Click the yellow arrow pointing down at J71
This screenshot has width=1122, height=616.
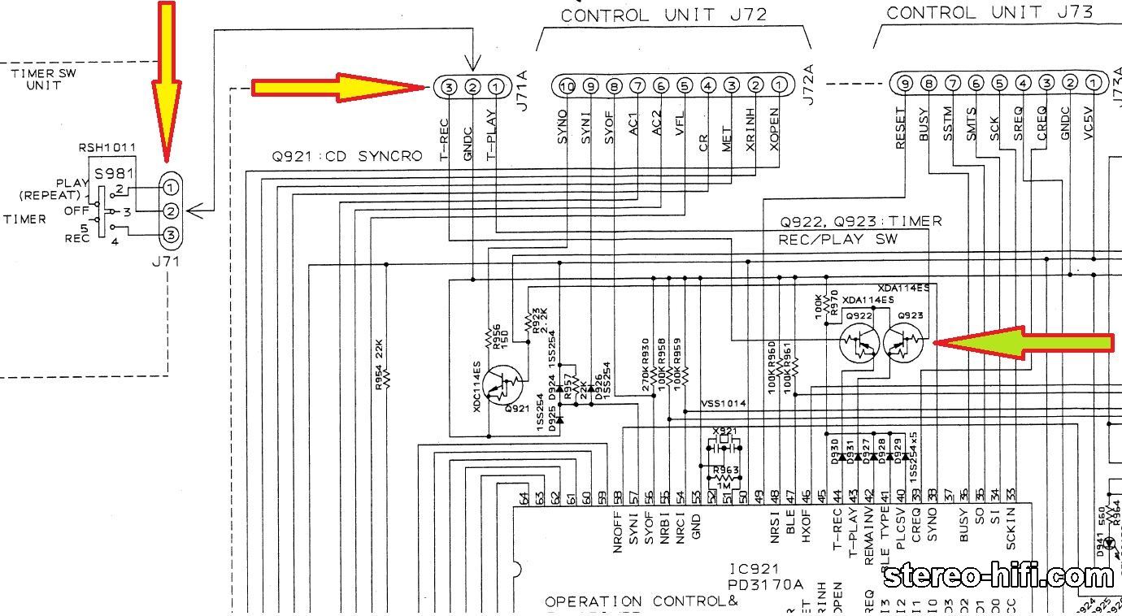166,81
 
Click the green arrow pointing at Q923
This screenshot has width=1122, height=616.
1024,344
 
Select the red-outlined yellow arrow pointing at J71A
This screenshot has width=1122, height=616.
337,87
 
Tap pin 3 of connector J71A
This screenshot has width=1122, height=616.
448,86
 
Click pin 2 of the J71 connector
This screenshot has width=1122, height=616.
170,211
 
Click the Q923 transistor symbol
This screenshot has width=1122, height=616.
903,345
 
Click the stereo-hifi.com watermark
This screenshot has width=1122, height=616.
999,576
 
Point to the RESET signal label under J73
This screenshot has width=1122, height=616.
901,128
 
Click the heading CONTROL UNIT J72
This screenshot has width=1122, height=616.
663,15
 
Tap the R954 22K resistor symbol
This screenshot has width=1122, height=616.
386,378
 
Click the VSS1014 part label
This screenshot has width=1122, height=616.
724,403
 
